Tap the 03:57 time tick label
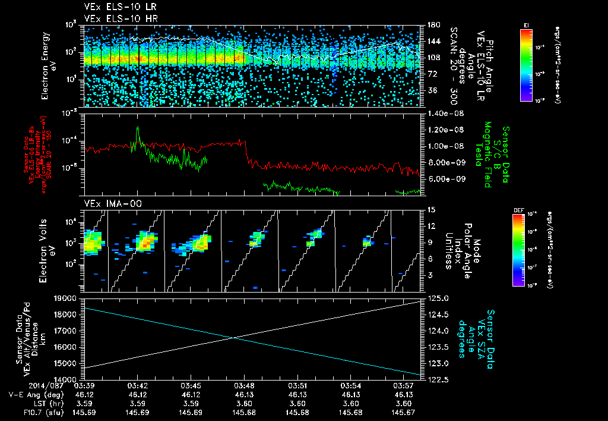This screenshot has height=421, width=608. pyautogui.click(x=404, y=386)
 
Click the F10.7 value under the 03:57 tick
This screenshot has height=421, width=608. pyautogui.click(x=404, y=412)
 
